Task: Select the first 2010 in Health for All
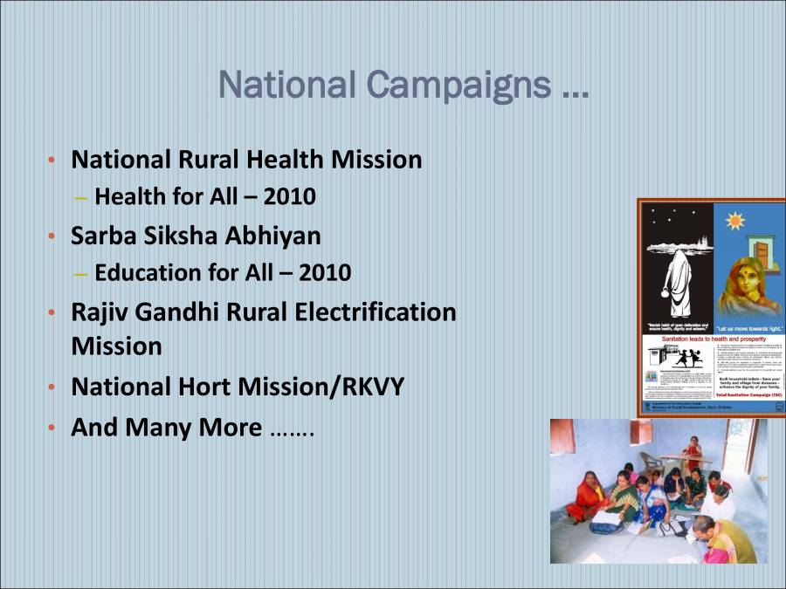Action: click(x=289, y=197)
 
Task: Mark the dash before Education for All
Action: click(x=81, y=273)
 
